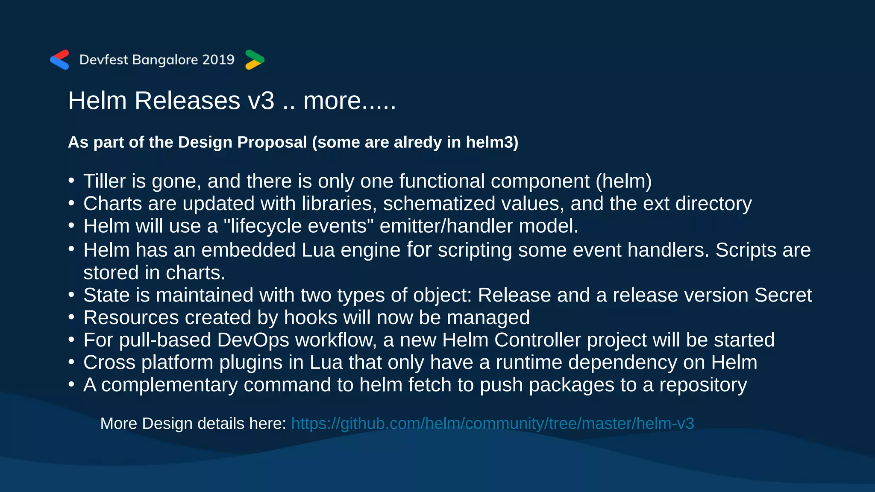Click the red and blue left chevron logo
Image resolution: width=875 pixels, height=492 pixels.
(x=59, y=59)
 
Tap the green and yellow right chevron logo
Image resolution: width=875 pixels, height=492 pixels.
(x=255, y=59)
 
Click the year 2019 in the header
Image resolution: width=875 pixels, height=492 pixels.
(x=218, y=59)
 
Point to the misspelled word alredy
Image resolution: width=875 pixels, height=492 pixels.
(x=417, y=142)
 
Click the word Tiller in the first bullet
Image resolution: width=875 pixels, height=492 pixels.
(x=105, y=181)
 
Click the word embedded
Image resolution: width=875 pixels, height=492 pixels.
(x=248, y=250)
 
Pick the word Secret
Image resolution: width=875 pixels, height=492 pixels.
(x=783, y=295)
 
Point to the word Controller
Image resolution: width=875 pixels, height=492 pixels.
(x=537, y=340)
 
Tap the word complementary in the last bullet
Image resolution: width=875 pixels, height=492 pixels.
(x=169, y=385)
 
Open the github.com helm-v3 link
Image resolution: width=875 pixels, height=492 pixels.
(x=492, y=424)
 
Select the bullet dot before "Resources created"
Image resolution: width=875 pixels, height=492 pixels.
(x=71, y=317)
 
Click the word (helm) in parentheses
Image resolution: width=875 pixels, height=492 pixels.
(x=623, y=181)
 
